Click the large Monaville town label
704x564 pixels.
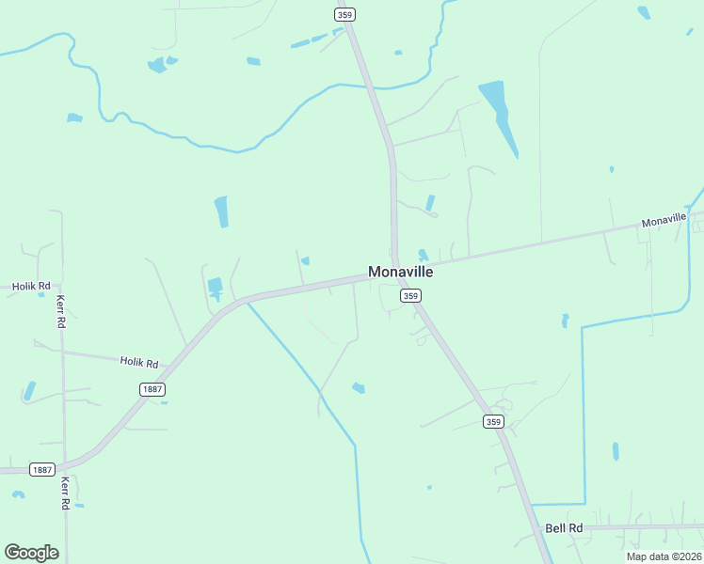(400, 272)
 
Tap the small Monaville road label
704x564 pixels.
(664, 221)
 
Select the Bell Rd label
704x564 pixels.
(564, 528)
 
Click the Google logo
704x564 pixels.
(32, 553)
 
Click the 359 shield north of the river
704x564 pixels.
(345, 14)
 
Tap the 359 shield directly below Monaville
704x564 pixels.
(409, 295)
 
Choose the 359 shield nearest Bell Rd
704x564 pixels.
(494, 421)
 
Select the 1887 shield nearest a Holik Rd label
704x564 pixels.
(152, 389)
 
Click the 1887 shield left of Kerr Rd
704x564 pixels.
(40, 469)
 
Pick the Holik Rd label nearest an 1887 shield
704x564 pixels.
(139, 361)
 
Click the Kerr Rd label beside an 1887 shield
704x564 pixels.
(65, 492)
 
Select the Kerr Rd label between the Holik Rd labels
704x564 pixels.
(60, 311)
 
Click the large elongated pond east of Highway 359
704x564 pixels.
(500, 115)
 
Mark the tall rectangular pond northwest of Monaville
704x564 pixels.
(221, 211)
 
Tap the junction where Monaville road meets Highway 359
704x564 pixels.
(396, 266)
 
